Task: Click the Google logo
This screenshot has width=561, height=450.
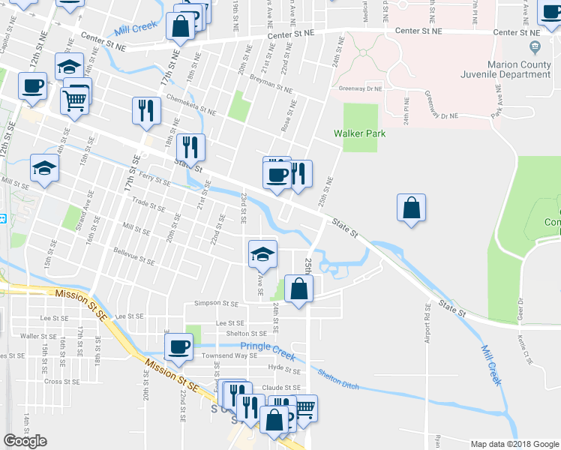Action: point(25,441)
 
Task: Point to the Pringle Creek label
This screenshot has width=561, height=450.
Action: point(264,346)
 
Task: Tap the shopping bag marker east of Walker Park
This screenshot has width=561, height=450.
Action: point(412,209)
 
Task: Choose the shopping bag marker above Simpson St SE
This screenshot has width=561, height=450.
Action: point(298,289)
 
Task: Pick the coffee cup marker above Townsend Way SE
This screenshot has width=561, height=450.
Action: point(179,346)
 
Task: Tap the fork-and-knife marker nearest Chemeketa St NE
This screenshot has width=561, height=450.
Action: point(146,110)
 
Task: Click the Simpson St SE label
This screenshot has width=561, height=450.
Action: point(216,303)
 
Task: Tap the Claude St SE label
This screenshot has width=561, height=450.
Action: point(282,388)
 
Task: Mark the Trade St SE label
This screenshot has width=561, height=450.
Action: point(148,205)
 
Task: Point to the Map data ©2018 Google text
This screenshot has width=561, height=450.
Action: point(514,444)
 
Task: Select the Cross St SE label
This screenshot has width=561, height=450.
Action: point(62,381)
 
